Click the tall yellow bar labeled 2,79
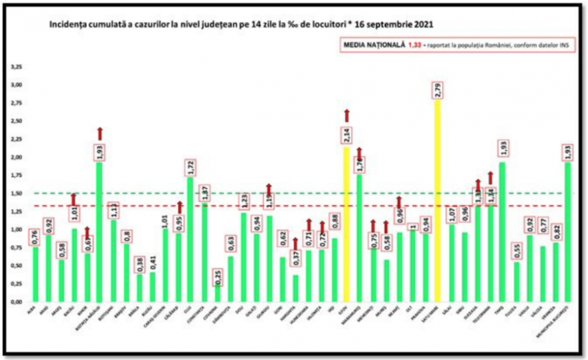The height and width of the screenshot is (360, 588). pyautogui.click(x=438, y=200)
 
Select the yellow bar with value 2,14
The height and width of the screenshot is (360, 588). pyautogui.click(x=347, y=224)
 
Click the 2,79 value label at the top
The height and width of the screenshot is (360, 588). pyautogui.click(x=439, y=88)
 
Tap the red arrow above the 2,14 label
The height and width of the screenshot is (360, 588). pyautogui.click(x=347, y=116)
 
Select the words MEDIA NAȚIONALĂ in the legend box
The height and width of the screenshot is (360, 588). pyautogui.click(x=374, y=46)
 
